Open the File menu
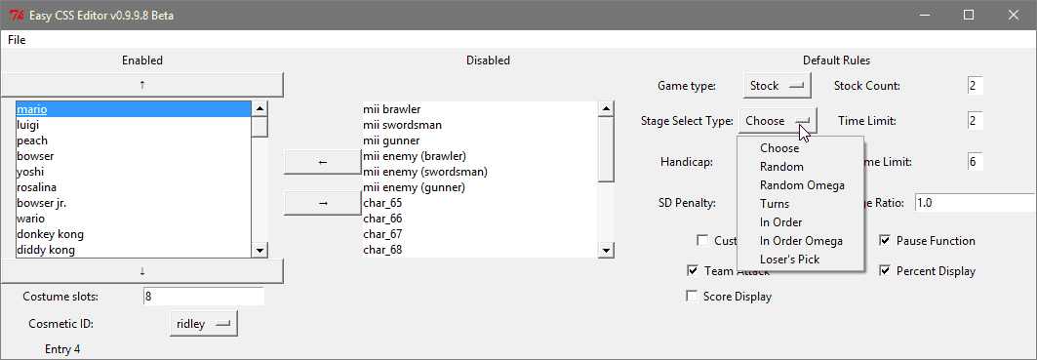point(17,40)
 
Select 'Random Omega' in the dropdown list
point(802,185)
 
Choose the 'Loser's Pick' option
point(789,260)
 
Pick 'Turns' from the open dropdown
point(775,204)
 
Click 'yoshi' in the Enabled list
point(30,172)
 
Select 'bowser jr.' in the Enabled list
point(41,203)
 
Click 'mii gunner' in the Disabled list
point(391,140)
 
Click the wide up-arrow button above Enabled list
point(142,85)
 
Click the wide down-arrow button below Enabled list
point(142,270)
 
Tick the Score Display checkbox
point(692,297)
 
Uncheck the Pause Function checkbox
point(885,241)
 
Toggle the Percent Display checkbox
point(885,271)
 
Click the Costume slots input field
point(203,297)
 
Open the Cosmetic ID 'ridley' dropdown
point(204,324)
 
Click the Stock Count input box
point(975,86)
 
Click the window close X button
point(1013,15)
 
